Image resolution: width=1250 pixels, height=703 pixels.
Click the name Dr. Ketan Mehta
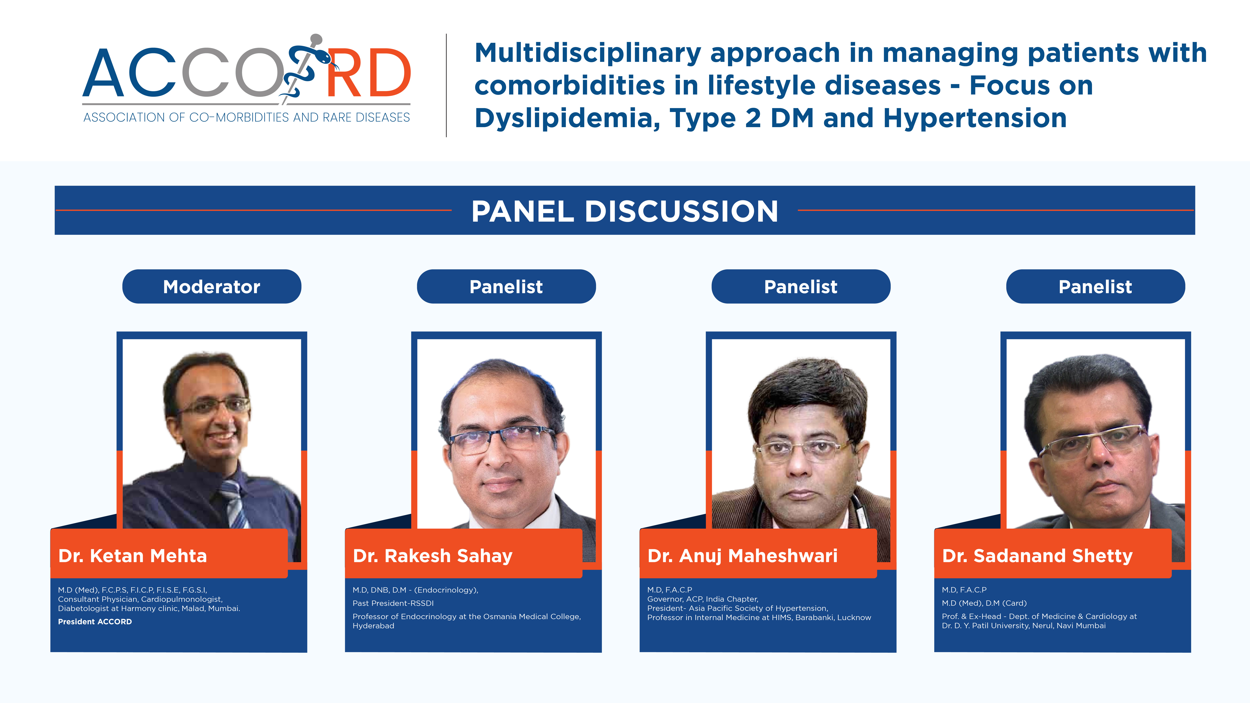[132, 556]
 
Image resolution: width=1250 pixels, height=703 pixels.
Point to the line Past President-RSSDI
[393, 603]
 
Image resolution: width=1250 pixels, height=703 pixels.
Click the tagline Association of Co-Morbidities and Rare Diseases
[247, 117]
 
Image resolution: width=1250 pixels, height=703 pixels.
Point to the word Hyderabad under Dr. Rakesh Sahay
[373, 626]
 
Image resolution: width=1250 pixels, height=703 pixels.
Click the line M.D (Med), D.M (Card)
[984, 603]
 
